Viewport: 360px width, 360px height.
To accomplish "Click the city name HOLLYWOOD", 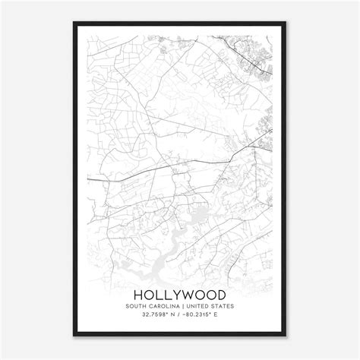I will tap(179, 293).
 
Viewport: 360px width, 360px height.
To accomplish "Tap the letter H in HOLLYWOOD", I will tap(139, 293).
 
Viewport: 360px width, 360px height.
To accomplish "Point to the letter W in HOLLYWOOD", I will tap(187, 293).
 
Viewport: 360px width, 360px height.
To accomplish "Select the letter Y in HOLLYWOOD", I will tap(174, 293).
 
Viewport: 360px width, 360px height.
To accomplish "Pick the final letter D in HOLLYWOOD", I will tap(220, 293).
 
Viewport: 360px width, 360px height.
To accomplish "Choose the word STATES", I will tap(223, 306).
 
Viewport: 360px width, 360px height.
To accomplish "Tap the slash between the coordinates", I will tap(178, 317).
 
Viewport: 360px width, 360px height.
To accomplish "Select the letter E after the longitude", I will tap(220, 317).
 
